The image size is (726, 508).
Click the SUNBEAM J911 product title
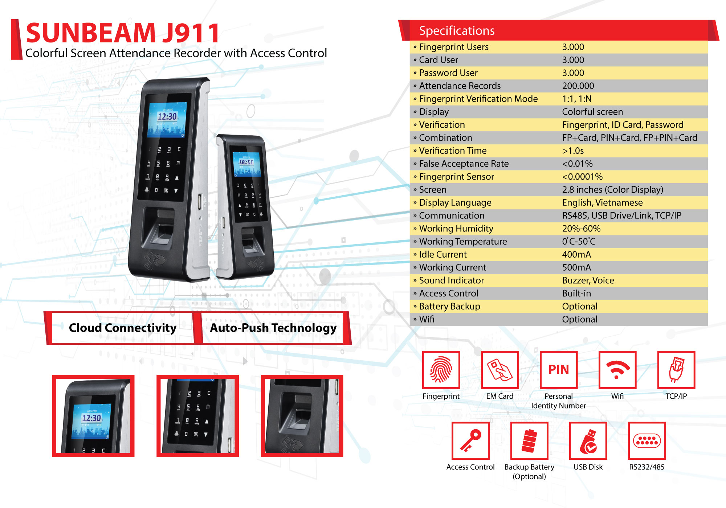pos(123,33)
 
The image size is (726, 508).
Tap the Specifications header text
pos(457,31)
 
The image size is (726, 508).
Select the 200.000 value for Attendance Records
pos(578,86)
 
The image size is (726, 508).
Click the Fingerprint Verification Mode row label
pos(478,99)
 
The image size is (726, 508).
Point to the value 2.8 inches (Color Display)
pos(612,190)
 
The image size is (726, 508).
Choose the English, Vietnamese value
pos(602,202)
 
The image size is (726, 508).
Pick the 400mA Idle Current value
pos(576,254)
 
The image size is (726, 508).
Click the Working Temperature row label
pos(463,242)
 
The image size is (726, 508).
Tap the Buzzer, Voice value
pos(588,280)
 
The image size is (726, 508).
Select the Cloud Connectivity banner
pos(122,328)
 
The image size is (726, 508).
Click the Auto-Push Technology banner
pos(273,328)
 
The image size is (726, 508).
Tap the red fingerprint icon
pos(441,370)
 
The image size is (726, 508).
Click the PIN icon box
pos(559,370)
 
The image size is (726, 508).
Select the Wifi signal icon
pos(617,370)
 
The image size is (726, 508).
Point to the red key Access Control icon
pos(470,441)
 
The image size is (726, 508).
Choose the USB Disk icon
pos(588,441)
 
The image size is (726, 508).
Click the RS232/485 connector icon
pos(647,441)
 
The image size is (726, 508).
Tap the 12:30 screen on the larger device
pos(167,119)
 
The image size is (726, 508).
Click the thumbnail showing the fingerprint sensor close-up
pos(302,416)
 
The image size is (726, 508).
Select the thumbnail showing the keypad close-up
pos(197,416)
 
